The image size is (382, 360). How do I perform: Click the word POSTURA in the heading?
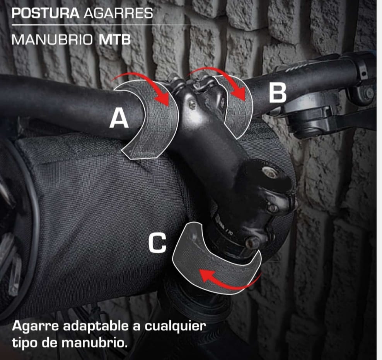pyautogui.click(x=46, y=13)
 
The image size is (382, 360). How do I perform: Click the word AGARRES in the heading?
pyautogui.click(x=118, y=13)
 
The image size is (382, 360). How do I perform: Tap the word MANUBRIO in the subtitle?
pyautogui.click(x=52, y=39)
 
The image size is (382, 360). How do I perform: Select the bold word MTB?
pyautogui.click(x=115, y=39)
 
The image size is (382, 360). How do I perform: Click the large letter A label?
pyautogui.click(x=119, y=118)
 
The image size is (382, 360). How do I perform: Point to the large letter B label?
pyautogui.click(x=278, y=93)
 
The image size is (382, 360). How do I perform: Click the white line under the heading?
pyautogui.click(x=101, y=25)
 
